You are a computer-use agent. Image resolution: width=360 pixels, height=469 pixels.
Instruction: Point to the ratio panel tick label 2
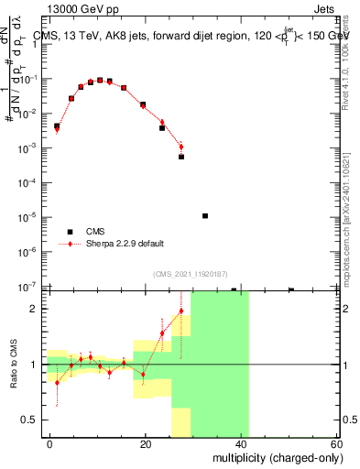click(35, 309)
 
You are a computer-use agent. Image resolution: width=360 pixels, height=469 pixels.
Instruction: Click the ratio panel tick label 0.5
click(31, 420)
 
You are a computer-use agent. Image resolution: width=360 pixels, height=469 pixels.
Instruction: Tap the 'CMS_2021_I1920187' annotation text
click(190, 273)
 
